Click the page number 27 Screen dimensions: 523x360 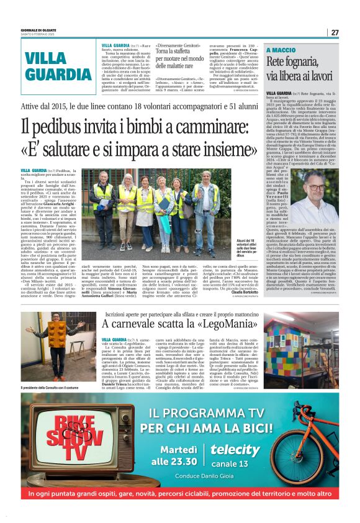point(335,32)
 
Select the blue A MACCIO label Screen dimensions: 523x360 point(282,50)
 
